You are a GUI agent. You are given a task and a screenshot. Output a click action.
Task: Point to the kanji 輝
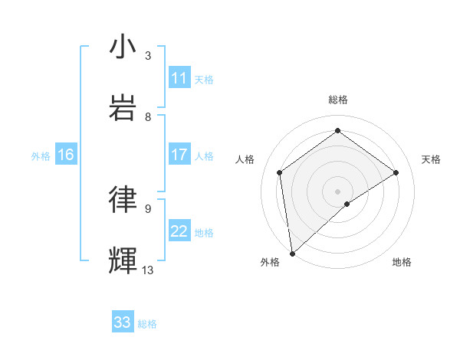click(123, 260)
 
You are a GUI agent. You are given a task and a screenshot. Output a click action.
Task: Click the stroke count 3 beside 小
click(148, 56)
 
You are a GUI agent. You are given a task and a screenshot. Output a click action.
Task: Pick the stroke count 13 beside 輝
click(148, 270)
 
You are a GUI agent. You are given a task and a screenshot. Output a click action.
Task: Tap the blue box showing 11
click(179, 78)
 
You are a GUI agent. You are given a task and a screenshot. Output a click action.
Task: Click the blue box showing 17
click(179, 155)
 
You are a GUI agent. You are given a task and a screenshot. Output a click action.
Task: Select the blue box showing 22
click(179, 231)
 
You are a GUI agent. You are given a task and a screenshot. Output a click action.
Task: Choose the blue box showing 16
click(66, 155)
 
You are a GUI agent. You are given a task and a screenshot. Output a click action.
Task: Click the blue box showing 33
click(123, 322)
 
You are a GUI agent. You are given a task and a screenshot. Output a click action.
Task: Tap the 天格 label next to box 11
click(204, 79)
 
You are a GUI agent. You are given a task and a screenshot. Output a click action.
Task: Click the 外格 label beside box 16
click(41, 155)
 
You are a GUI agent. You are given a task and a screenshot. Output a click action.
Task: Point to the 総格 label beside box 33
click(147, 323)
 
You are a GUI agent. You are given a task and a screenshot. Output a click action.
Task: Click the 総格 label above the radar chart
click(337, 100)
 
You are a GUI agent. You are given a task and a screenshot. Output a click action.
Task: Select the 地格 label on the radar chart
click(402, 262)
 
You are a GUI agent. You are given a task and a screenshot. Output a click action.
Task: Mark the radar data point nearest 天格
click(396, 172)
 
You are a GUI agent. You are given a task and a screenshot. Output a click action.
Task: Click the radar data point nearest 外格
click(291, 253)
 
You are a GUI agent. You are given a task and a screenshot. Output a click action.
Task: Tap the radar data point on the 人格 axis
click(280, 172)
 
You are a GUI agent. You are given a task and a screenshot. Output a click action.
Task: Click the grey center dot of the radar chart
click(337, 191)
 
